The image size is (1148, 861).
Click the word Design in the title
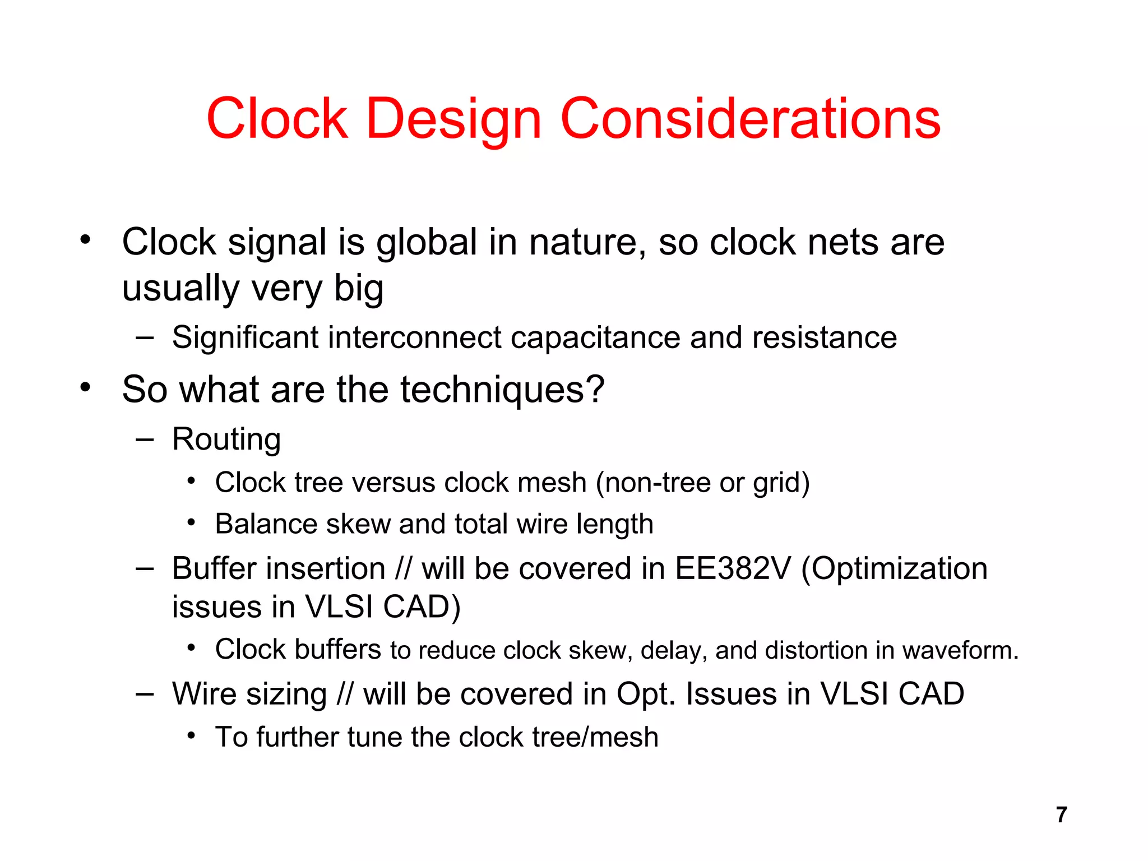[x=453, y=119]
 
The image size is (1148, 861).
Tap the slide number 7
[x=1061, y=814]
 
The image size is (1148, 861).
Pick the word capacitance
[x=595, y=339]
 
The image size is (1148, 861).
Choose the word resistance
[x=824, y=337]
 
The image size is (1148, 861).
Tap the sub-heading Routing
[x=226, y=439]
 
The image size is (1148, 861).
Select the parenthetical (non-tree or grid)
[x=703, y=483]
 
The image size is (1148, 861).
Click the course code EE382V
[x=733, y=568]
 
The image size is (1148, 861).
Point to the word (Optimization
[x=895, y=570]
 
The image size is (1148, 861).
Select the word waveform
[x=960, y=650]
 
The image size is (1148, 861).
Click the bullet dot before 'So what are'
[x=85, y=387]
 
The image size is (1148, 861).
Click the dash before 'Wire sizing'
[x=145, y=694]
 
